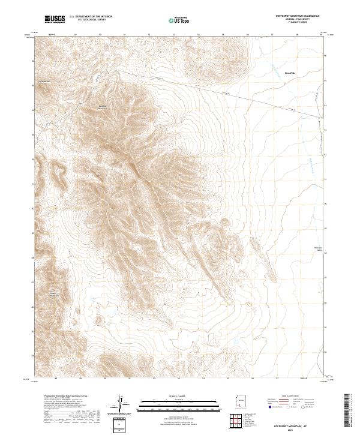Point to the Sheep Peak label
point(290,73)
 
